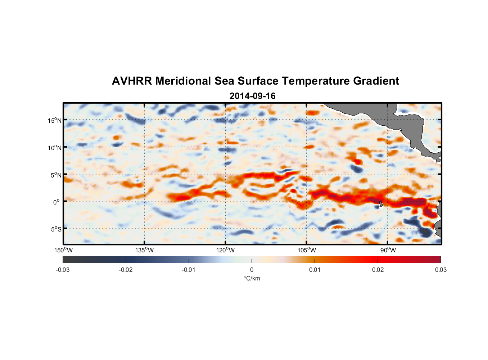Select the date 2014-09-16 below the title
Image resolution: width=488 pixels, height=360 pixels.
pyautogui.click(x=252, y=96)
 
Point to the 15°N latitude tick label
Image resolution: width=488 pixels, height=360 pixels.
pyautogui.click(x=54, y=120)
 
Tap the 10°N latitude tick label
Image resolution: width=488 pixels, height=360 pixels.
pyautogui.click(x=54, y=148)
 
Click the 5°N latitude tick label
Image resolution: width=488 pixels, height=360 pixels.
pyautogui.click(x=55, y=175)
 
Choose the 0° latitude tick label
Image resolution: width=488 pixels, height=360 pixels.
pyautogui.click(x=56, y=202)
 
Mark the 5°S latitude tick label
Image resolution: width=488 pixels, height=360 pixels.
pyautogui.click(x=55, y=229)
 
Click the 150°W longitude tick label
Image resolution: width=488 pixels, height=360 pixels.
pyautogui.click(x=63, y=250)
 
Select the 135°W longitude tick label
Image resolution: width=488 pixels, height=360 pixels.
pyautogui.click(x=144, y=250)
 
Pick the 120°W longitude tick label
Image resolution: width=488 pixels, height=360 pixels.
pyautogui.click(x=225, y=250)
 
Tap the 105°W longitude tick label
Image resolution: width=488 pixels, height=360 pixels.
pyautogui.click(x=307, y=250)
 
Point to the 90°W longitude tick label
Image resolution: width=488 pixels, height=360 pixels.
pyautogui.click(x=388, y=250)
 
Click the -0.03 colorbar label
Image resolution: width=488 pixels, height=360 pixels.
pyautogui.click(x=63, y=270)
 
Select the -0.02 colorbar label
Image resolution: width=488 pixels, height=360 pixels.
pyautogui.click(x=126, y=270)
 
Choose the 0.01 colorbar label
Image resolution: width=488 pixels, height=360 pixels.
pyautogui.click(x=315, y=270)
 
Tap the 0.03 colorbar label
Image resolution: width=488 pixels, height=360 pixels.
pyautogui.click(x=440, y=270)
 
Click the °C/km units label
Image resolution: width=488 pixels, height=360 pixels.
pyautogui.click(x=252, y=278)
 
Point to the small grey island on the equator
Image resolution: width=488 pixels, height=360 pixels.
pyautogui.click(x=381, y=204)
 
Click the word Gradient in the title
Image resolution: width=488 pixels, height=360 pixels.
pyautogui.click(x=376, y=81)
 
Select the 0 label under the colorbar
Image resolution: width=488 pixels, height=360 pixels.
pyautogui.click(x=252, y=270)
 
